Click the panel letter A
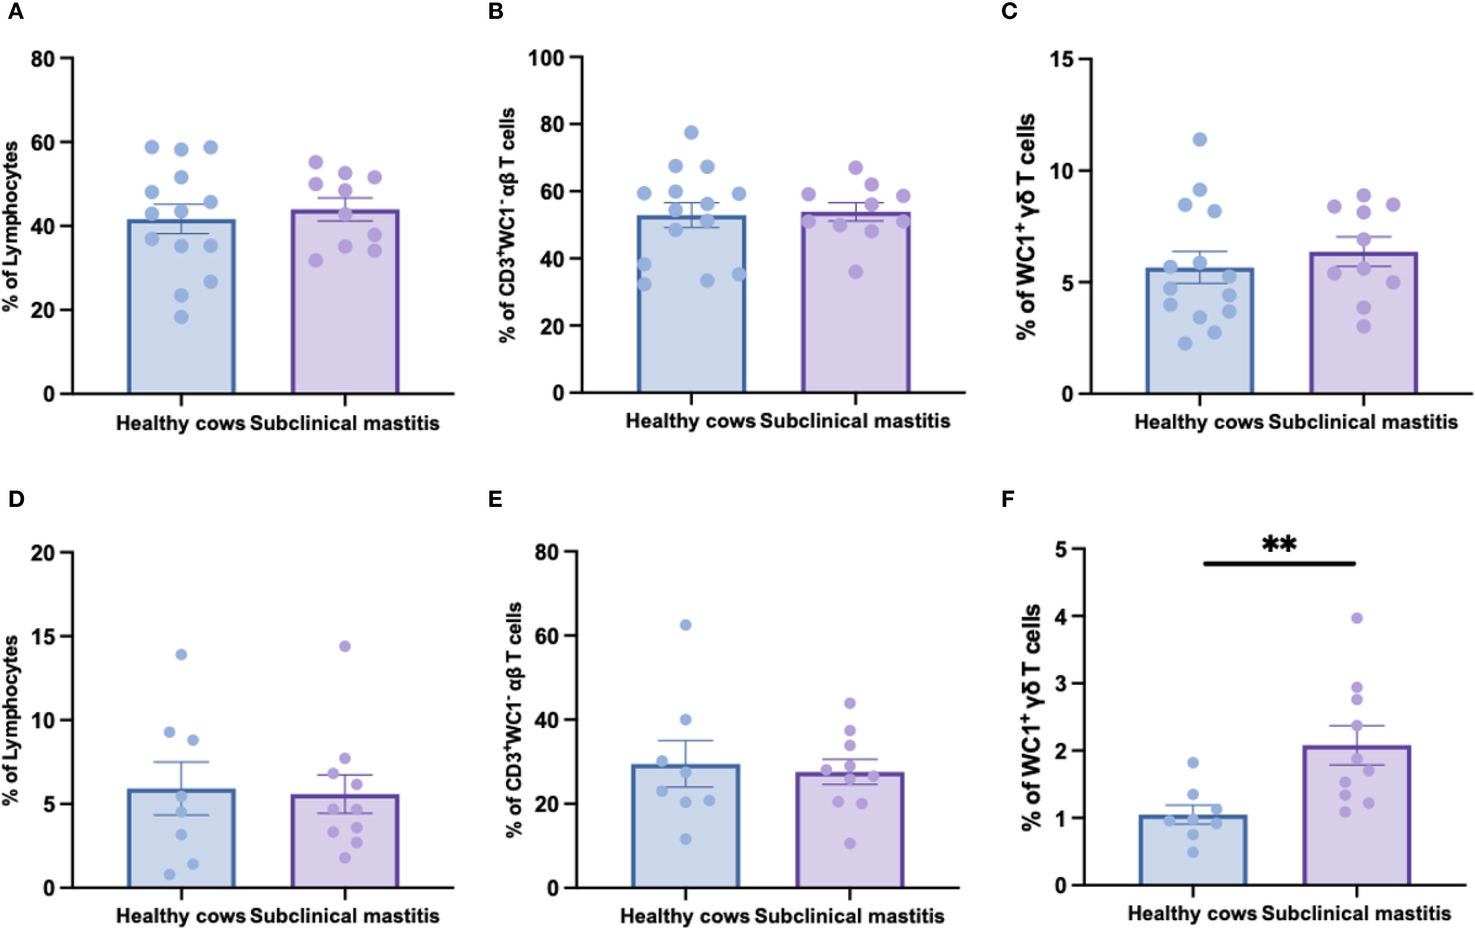pyautogui.click(x=15, y=12)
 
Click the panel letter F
pyautogui.click(x=1008, y=499)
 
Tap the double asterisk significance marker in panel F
pyautogui.click(x=1279, y=543)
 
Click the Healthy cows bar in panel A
pyautogui.click(x=181, y=306)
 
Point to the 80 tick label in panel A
pyautogui.click(x=43, y=59)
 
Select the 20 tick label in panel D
pyautogui.click(x=43, y=553)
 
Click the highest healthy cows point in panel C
pyautogui.click(x=1199, y=140)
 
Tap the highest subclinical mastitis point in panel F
pyautogui.click(x=1357, y=618)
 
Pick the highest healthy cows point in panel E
pyautogui.click(x=686, y=625)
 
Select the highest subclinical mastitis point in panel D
pyautogui.click(x=345, y=646)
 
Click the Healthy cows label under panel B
pyautogui.click(x=690, y=422)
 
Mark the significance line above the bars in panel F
pyautogui.click(x=1279, y=563)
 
